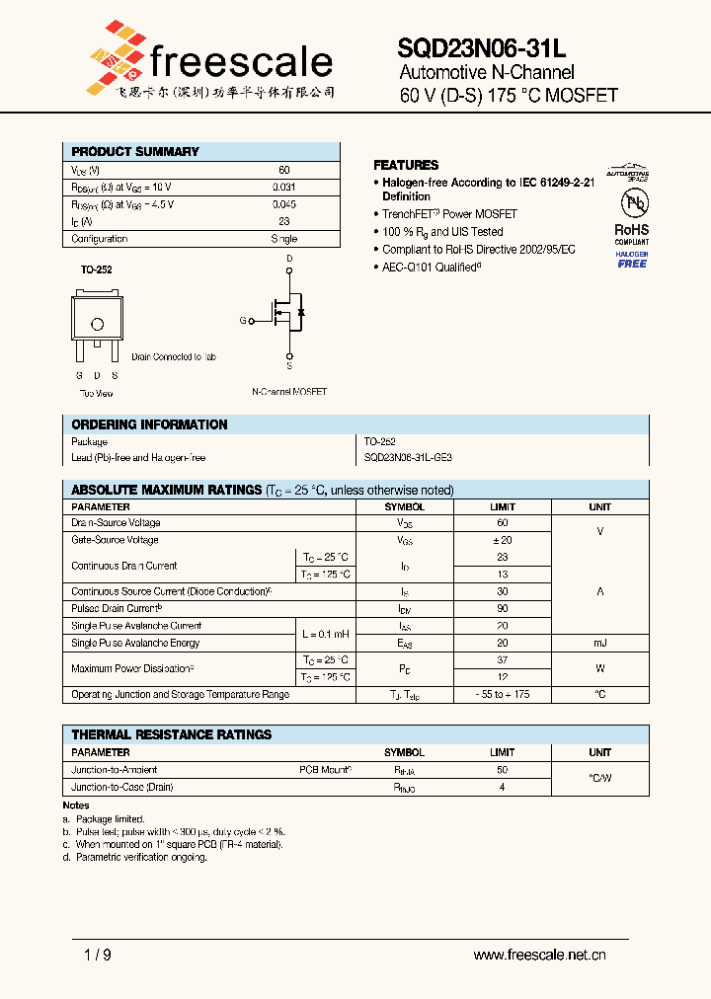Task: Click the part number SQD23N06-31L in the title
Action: pos(482,47)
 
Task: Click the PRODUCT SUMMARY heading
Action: pos(135,151)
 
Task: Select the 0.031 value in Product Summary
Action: pos(283,187)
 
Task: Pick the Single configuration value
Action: pos(283,239)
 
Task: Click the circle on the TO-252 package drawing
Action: pos(97,324)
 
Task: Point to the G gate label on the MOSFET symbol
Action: pos(243,321)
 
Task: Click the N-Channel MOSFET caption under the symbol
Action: pos(289,392)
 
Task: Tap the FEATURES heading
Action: pos(406,165)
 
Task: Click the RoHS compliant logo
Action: pos(632,231)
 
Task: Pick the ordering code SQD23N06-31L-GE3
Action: pos(408,458)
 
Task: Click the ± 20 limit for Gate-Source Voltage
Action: pos(502,540)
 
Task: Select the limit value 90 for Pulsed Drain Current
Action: pos(502,609)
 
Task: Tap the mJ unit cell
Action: pos(599,643)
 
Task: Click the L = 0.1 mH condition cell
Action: pos(325,634)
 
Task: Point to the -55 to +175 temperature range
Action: pos(502,695)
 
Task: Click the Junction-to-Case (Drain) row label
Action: pos(122,787)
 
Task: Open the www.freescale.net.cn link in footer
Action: pos(539,955)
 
